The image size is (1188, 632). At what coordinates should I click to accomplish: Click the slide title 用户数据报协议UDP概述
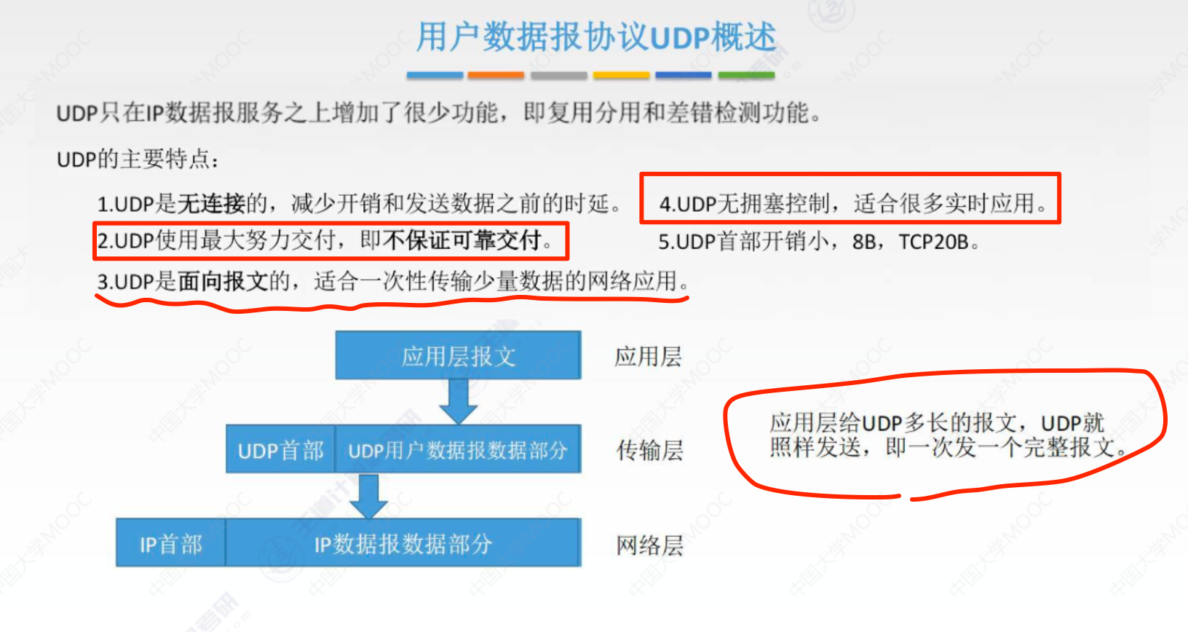click(595, 36)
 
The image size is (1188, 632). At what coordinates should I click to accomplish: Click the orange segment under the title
click(495, 75)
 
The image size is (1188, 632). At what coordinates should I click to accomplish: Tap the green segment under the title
click(746, 75)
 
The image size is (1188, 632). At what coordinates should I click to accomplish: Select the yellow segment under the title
click(621, 75)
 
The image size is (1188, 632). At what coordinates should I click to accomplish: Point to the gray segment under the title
click(558, 75)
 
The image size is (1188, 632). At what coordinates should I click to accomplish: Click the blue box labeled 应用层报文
click(458, 355)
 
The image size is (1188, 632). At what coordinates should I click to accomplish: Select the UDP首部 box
click(280, 450)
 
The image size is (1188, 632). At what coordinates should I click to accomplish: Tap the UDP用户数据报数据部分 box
click(457, 450)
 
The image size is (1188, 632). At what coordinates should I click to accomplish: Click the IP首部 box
click(170, 543)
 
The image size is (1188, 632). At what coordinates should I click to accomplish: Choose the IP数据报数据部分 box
click(403, 543)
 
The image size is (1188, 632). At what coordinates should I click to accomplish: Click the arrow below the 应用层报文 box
click(458, 401)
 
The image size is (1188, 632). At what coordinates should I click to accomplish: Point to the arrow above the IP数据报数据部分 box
click(369, 496)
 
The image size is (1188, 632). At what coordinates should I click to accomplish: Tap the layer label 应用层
click(648, 356)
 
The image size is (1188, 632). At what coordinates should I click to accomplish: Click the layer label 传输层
click(649, 451)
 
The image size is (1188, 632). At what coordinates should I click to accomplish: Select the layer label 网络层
click(649, 545)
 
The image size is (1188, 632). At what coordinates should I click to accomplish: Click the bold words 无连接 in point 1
click(211, 203)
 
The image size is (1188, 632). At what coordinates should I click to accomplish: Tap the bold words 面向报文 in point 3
click(223, 281)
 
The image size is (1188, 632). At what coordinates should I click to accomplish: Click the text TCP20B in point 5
click(933, 241)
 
